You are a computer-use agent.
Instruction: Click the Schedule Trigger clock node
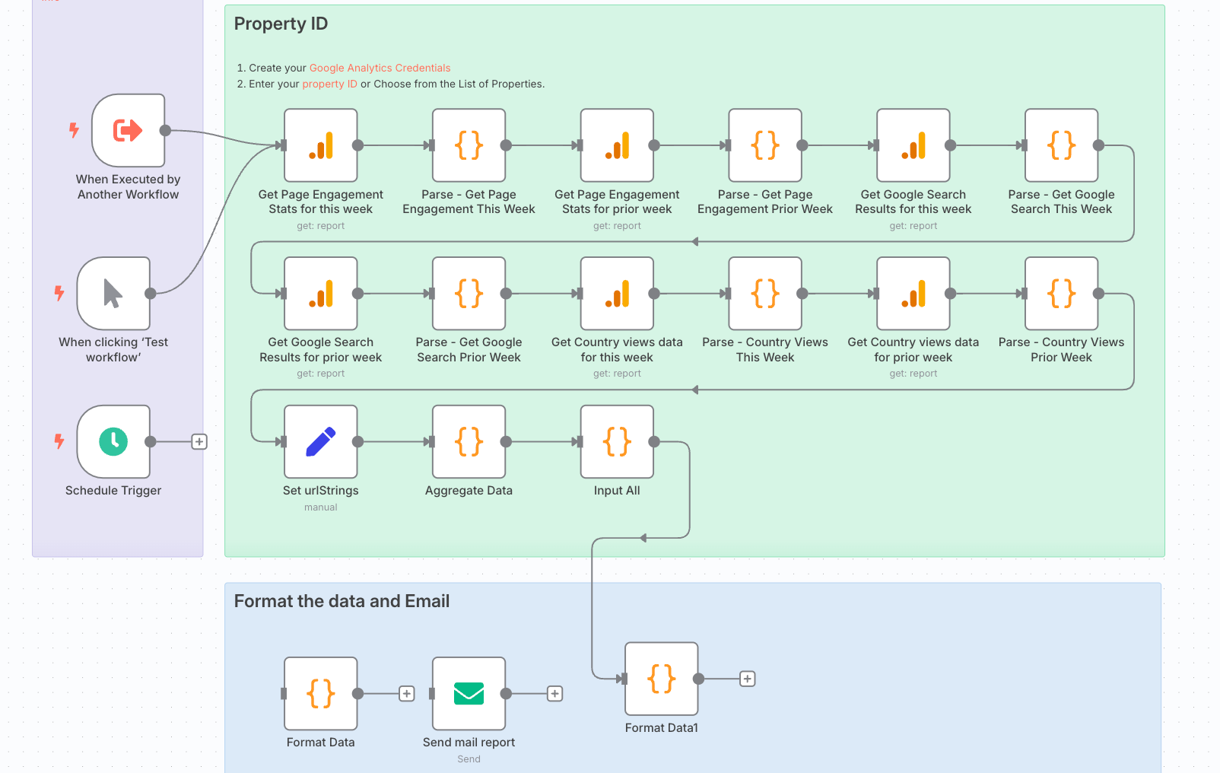(x=113, y=441)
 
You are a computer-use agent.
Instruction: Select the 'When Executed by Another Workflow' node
(x=129, y=130)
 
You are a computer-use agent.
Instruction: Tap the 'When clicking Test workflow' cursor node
(x=113, y=293)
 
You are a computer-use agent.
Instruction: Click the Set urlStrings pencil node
(x=320, y=441)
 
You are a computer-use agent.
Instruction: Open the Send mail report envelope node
(x=469, y=693)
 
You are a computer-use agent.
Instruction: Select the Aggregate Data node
(x=469, y=441)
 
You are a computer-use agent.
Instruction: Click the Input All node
(x=617, y=441)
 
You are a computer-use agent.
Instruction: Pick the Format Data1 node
(x=661, y=678)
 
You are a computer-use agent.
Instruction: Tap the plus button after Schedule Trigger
(x=199, y=441)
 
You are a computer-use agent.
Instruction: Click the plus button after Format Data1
(x=748, y=678)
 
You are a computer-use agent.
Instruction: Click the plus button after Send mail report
(x=555, y=693)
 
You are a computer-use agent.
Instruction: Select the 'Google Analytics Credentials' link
(x=380, y=68)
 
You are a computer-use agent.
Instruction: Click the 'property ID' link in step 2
(x=329, y=84)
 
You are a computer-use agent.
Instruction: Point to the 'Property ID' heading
(x=281, y=24)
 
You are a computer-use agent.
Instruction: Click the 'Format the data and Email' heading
(x=342, y=601)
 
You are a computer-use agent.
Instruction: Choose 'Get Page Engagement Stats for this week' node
(x=320, y=145)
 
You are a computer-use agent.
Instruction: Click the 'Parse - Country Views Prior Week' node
(x=1061, y=293)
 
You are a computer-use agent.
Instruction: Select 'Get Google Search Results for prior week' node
(x=320, y=293)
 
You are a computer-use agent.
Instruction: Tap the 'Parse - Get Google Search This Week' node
(x=1061, y=145)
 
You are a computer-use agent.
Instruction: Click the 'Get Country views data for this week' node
(x=617, y=293)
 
